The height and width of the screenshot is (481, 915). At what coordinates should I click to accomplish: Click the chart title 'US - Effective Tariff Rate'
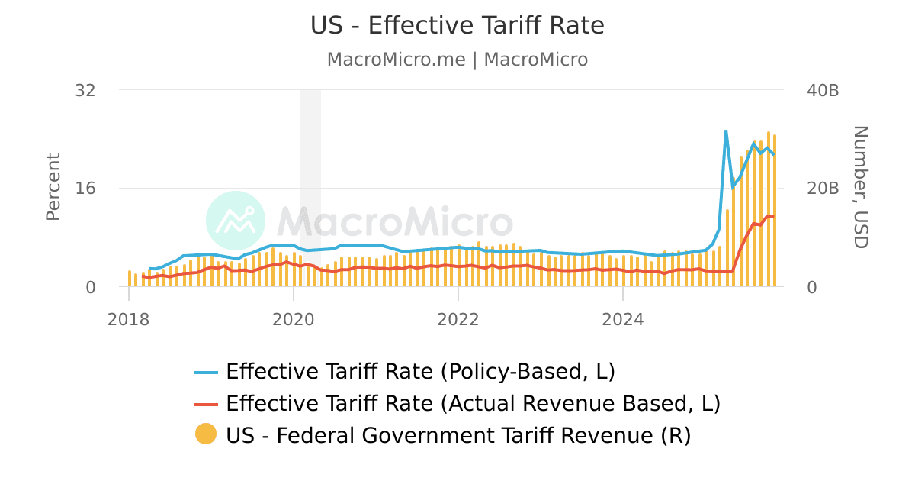pyautogui.click(x=457, y=26)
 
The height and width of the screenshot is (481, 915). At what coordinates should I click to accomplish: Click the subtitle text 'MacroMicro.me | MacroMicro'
pyautogui.click(x=457, y=60)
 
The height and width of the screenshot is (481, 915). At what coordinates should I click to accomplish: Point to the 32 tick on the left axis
pyautogui.click(x=85, y=90)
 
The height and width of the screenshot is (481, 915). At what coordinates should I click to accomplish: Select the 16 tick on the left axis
pyautogui.click(x=85, y=189)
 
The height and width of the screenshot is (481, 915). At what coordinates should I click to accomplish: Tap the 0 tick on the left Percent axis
pyautogui.click(x=91, y=287)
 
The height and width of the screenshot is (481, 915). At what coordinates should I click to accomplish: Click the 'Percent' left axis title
pyautogui.click(x=53, y=187)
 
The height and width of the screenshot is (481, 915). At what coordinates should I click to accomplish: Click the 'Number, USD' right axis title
pyautogui.click(x=860, y=187)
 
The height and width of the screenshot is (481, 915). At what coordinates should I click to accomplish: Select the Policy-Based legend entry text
pyautogui.click(x=420, y=372)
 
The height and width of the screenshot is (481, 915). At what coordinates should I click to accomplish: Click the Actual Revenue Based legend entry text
pyautogui.click(x=473, y=403)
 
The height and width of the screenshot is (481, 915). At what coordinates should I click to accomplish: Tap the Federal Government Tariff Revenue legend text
pyautogui.click(x=457, y=435)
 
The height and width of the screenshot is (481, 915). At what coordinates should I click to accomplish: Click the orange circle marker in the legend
pyautogui.click(x=206, y=434)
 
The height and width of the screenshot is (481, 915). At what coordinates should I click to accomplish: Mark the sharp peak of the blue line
pyautogui.click(x=725, y=131)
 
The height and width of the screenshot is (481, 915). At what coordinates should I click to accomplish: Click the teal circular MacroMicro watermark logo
pyautogui.click(x=236, y=221)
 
